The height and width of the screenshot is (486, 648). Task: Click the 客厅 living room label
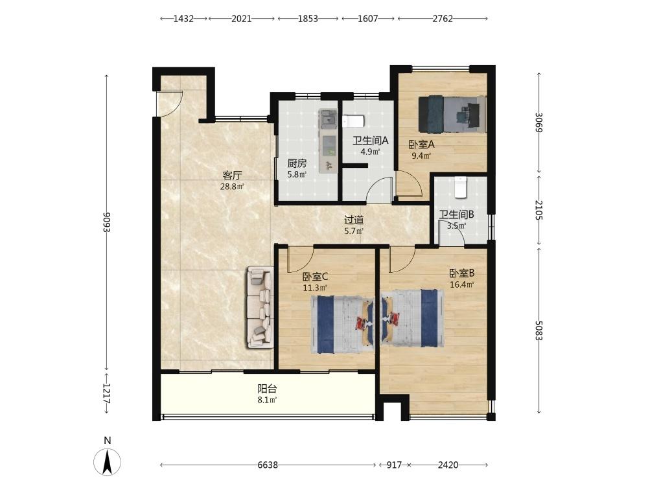pos(232,175)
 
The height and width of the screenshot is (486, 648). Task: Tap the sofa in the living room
pos(260,307)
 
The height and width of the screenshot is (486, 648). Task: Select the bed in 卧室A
pos(452,115)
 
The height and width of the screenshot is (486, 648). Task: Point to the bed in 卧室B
pos(412,318)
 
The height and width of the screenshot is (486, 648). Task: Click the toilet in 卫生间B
pos(460,187)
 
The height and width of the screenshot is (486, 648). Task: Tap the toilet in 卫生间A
pos(353,121)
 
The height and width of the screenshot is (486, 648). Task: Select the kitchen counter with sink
pos(329,141)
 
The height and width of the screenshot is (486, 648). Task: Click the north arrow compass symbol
pos(108,461)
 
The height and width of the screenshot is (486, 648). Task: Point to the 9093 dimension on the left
pos(107,222)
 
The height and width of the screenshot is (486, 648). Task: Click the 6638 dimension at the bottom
pos(268,465)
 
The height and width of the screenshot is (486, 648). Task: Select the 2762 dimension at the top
pos(443,19)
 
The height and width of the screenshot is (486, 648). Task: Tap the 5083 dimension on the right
pos(538,330)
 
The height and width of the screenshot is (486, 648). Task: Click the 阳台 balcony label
pos(267,388)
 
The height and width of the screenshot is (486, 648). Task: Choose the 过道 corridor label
pos(354,220)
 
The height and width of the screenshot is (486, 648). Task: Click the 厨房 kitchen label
pos(297,163)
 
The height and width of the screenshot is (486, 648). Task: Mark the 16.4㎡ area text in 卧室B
pos(461,284)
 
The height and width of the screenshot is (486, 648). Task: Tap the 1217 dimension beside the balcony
pos(107,394)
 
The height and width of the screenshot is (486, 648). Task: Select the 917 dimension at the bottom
pos(394,465)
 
